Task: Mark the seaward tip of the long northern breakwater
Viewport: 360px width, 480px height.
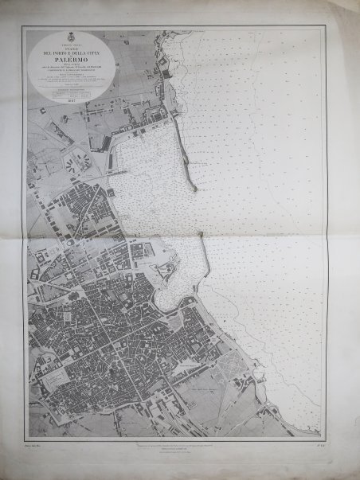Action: (x=195, y=189)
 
